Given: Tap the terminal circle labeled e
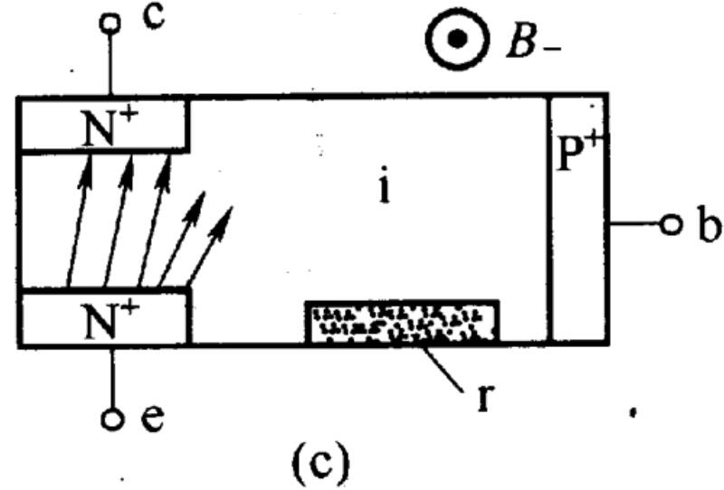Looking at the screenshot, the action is (112, 419).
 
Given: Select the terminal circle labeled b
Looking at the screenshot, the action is (671, 225).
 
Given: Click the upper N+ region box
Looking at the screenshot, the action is (103, 124).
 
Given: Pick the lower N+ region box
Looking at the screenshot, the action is (104, 317).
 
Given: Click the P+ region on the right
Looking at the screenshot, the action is (578, 220).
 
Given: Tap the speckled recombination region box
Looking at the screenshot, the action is (402, 322).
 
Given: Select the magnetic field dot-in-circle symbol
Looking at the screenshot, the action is (457, 39).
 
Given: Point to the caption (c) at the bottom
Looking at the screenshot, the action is (321, 460).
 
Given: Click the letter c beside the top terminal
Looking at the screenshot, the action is (154, 17).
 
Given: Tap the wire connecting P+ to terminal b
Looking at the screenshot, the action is (635, 224).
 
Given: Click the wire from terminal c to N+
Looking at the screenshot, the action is (110, 64).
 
